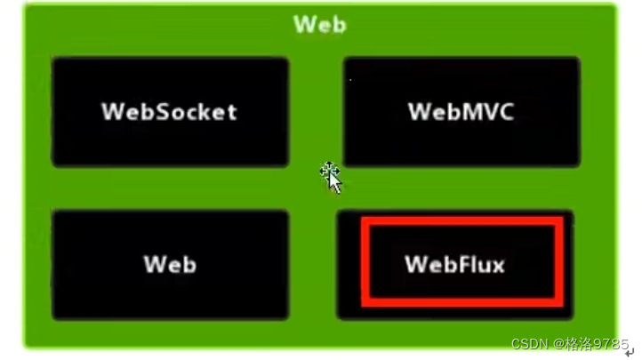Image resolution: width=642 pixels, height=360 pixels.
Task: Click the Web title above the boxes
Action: click(x=320, y=24)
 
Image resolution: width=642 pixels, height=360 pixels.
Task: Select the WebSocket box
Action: click(x=169, y=112)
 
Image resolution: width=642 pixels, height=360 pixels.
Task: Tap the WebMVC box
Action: click(x=461, y=112)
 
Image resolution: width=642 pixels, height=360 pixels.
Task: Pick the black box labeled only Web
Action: click(x=169, y=265)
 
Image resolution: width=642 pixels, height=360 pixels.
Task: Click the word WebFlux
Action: click(x=454, y=264)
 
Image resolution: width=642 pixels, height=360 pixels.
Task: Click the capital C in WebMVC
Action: click(x=504, y=112)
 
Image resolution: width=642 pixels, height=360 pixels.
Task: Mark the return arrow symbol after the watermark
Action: click(x=630, y=352)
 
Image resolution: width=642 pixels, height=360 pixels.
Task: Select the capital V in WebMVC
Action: click(x=484, y=112)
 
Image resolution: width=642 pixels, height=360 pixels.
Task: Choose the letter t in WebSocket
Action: click(x=230, y=112)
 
